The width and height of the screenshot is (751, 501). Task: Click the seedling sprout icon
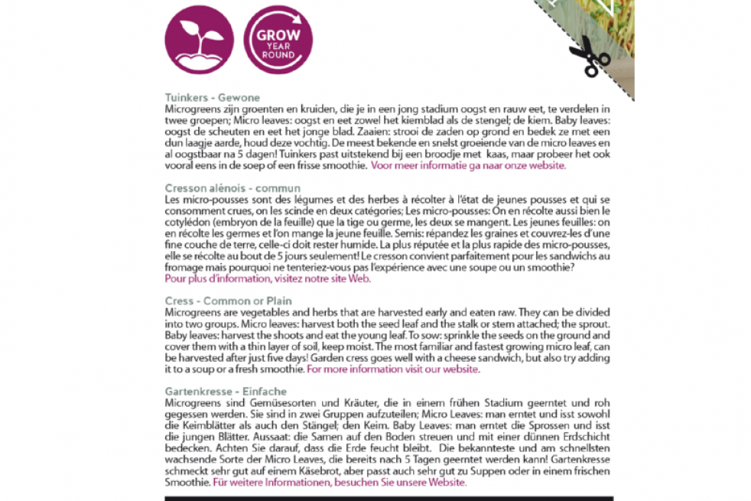(x=199, y=40)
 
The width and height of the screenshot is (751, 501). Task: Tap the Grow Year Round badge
(x=277, y=40)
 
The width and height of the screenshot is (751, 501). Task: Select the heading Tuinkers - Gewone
(x=213, y=98)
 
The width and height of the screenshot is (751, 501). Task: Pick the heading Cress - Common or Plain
(x=218, y=301)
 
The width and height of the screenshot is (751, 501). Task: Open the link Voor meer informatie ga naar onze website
(x=468, y=164)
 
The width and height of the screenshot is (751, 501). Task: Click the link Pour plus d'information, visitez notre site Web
(x=268, y=279)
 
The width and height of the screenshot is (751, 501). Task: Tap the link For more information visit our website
(x=393, y=369)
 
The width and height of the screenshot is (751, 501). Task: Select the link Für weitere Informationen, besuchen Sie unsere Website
(x=340, y=483)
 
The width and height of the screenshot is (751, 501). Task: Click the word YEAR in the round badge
(x=277, y=45)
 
